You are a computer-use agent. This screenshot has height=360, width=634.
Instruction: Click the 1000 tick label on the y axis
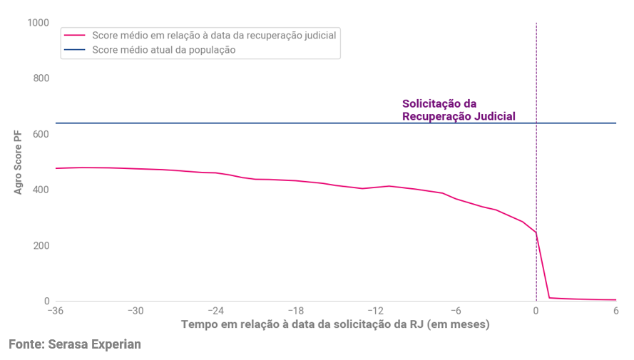click(x=36, y=23)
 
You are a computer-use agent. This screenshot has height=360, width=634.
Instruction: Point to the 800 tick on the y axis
click(x=40, y=78)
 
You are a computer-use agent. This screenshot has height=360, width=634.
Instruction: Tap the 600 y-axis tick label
click(x=40, y=134)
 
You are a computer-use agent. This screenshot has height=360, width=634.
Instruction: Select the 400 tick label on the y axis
click(x=40, y=190)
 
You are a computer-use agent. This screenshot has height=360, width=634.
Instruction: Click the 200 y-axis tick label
click(x=40, y=245)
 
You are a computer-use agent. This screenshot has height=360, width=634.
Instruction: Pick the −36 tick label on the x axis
click(x=56, y=312)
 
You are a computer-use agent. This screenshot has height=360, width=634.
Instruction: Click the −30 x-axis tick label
click(x=136, y=312)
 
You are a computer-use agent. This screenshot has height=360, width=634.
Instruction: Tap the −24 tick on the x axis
click(x=216, y=312)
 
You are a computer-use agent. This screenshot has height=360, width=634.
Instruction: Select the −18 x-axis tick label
click(x=296, y=312)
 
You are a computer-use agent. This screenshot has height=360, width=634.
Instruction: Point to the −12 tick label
click(x=376, y=312)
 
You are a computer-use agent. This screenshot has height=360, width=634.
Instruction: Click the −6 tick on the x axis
click(x=456, y=312)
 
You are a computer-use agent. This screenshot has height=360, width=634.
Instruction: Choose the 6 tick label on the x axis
click(x=615, y=312)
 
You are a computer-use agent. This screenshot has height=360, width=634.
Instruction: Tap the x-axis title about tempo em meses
click(x=335, y=324)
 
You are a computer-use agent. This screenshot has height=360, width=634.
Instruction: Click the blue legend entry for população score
click(x=163, y=50)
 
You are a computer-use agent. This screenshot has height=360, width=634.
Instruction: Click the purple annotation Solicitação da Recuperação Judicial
click(x=459, y=110)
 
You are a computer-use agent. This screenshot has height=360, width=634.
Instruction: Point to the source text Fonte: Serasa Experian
click(x=75, y=344)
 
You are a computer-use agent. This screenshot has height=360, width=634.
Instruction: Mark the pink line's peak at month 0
click(x=536, y=232)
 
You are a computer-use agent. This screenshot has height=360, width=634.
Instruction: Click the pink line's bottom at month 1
click(x=549, y=298)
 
